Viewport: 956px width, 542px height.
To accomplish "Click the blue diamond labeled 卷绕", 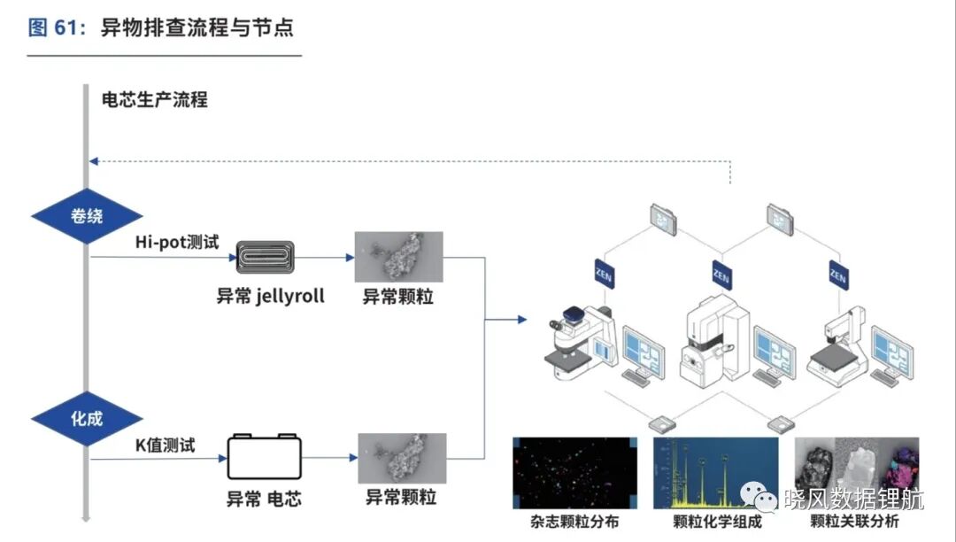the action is (87, 216).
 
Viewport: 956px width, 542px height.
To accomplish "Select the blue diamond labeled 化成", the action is (87, 419).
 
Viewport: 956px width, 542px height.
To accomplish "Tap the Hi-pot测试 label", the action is (177, 242).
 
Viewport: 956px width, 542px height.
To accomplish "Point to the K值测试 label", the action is (166, 445).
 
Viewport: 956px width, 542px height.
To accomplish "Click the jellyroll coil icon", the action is (266, 258).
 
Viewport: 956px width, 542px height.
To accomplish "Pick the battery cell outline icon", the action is (264, 457).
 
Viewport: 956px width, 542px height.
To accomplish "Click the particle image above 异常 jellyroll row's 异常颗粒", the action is (398, 257).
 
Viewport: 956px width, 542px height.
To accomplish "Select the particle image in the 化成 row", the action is (402, 459).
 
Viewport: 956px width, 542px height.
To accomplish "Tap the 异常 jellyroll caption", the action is (271, 297).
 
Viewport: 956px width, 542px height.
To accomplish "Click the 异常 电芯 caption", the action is (264, 499).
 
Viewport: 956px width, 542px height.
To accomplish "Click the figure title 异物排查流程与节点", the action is (197, 27).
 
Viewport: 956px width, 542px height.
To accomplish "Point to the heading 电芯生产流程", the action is (155, 99).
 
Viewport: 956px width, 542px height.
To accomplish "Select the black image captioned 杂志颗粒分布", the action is (575, 473).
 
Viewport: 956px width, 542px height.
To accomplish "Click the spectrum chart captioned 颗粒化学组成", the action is (716, 473).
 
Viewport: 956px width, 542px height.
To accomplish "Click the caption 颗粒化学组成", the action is (718, 522).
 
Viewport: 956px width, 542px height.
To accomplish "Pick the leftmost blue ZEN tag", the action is (604, 274).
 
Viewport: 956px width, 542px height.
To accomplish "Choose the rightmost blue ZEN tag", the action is (838, 275).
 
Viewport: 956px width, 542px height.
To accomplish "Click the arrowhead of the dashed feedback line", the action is (93, 161).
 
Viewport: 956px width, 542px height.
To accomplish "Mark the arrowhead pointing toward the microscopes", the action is (522, 319).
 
